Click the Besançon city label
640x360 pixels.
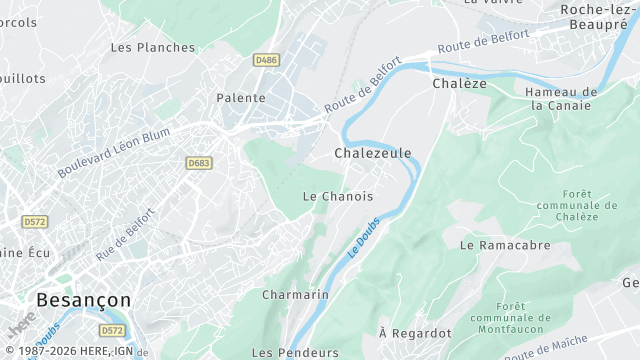pos(83,299)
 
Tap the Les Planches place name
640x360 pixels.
pos(153,47)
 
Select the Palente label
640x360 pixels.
pos(241,98)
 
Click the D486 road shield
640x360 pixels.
pos(266,60)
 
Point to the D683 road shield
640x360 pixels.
pos(199,162)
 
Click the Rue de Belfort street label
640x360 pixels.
pos(126,234)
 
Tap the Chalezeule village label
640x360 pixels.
pos(372,153)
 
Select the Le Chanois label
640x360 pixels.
pos(338,196)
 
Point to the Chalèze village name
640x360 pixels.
pos(459,84)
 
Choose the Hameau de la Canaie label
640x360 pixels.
pos(561,98)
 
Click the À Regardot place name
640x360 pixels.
pos(415,332)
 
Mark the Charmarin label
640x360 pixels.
pos(295,295)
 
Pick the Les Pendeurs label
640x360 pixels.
pos(295,352)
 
